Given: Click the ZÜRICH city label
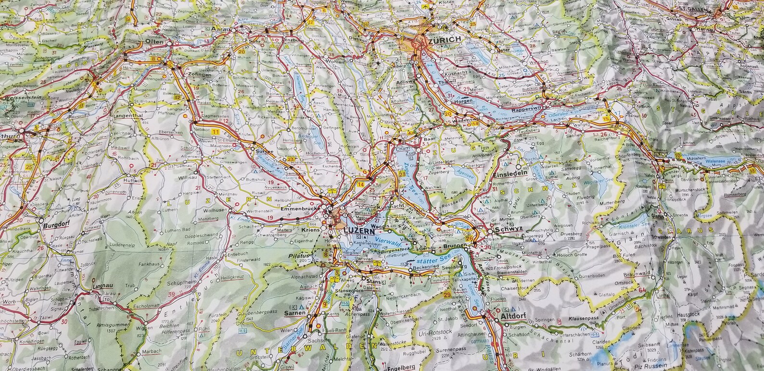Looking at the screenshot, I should coord(444,40).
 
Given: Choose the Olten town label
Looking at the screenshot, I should coord(155,42).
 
